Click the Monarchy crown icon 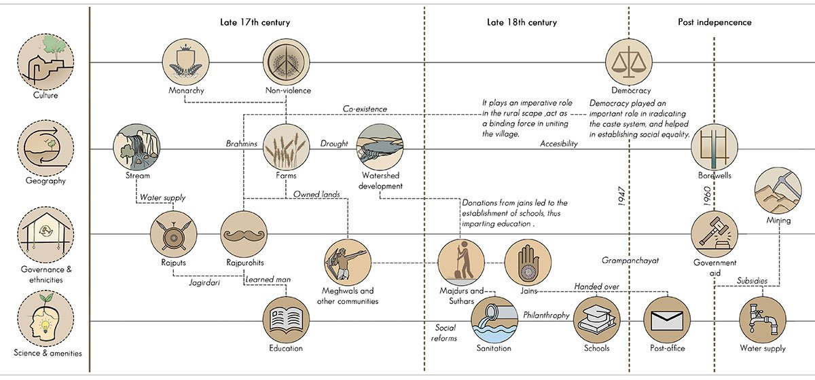pos(185,62)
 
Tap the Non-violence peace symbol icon pos(286,62)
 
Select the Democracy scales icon pos(629,62)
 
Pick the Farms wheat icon pos(286,147)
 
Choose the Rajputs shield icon pos(173,234)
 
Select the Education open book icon pos(286,320)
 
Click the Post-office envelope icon pos(666,320)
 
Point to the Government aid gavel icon pos(714,234)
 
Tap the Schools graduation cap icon pos(597,320)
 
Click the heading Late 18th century pos(522,22)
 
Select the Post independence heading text pos(714,22)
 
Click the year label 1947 pos(622,197)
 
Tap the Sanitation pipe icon pos(494,320)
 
